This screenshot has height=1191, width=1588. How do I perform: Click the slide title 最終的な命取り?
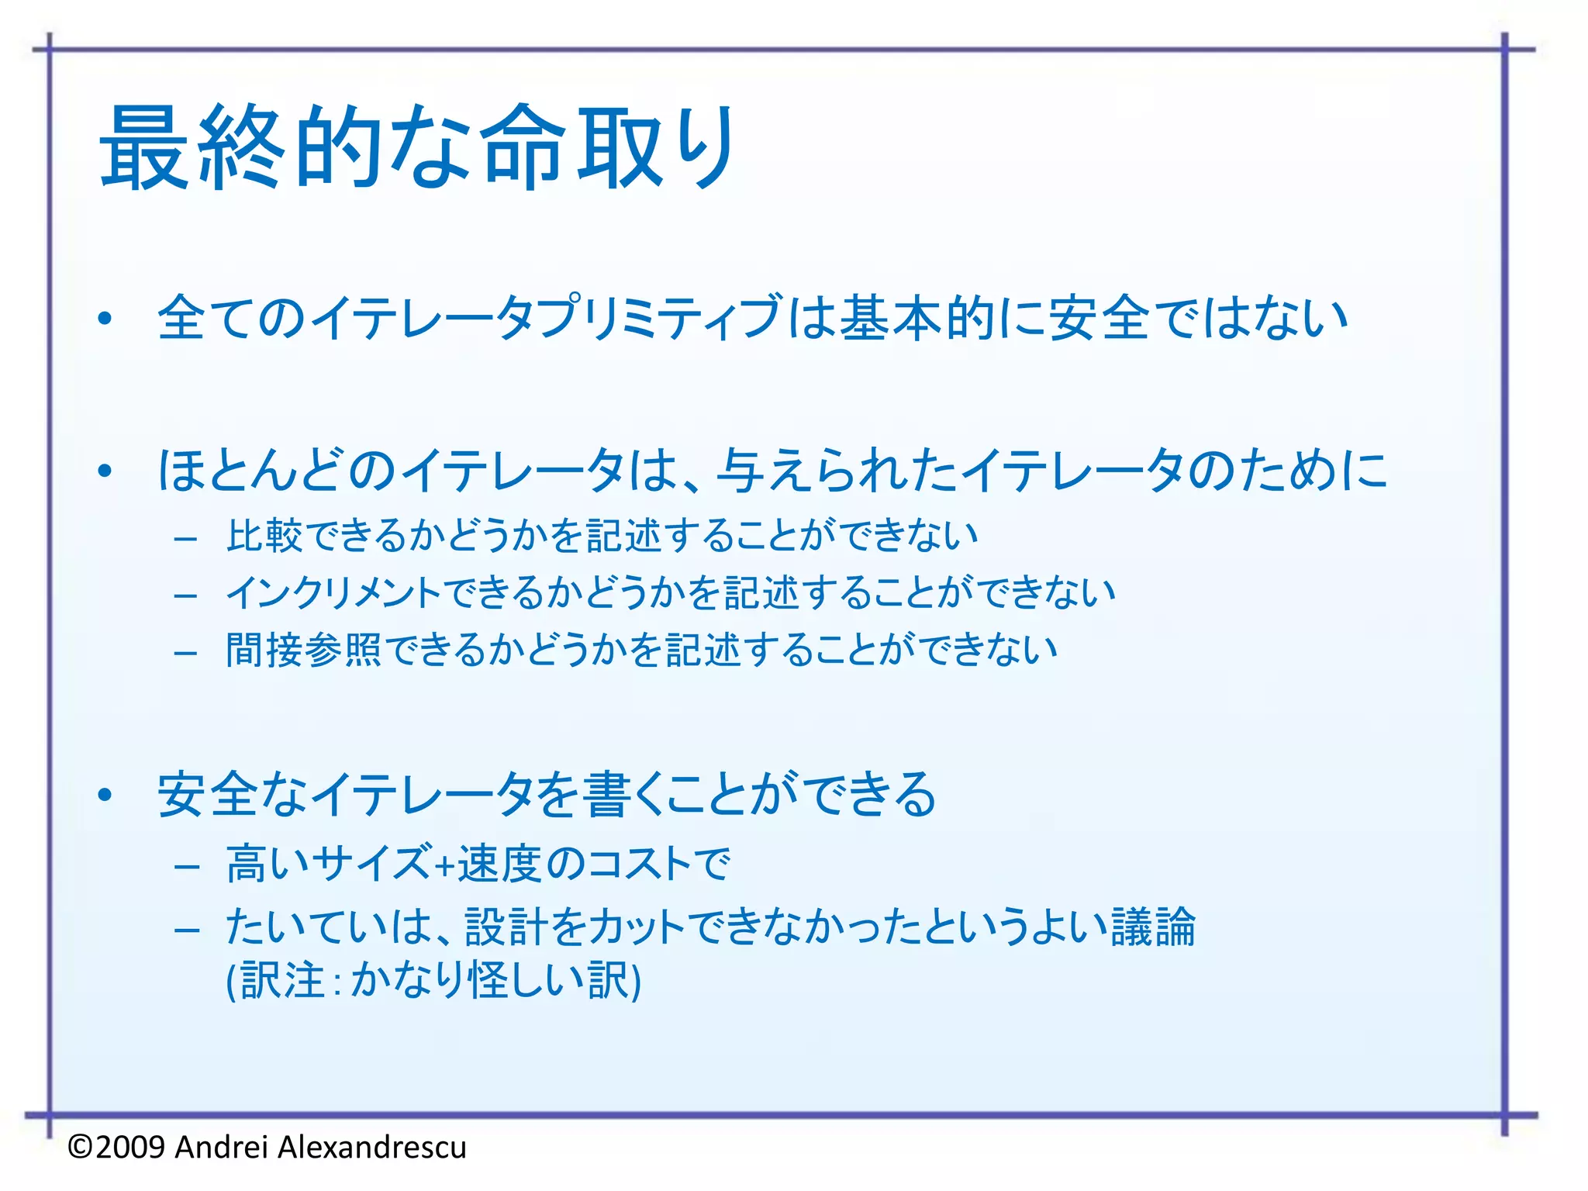(x=416, y=147)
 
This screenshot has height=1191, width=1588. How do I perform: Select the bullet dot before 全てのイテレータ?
(x=105, y=319)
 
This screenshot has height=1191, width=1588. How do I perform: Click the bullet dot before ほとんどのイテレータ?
(x=105, y=471)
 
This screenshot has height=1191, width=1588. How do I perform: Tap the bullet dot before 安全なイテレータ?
(x=105, y=795)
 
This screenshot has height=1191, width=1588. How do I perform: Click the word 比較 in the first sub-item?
(x=264, y=536)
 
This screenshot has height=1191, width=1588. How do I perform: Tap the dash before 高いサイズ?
(x=187, y=866)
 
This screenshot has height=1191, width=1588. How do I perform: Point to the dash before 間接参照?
(x=187, y=653)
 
